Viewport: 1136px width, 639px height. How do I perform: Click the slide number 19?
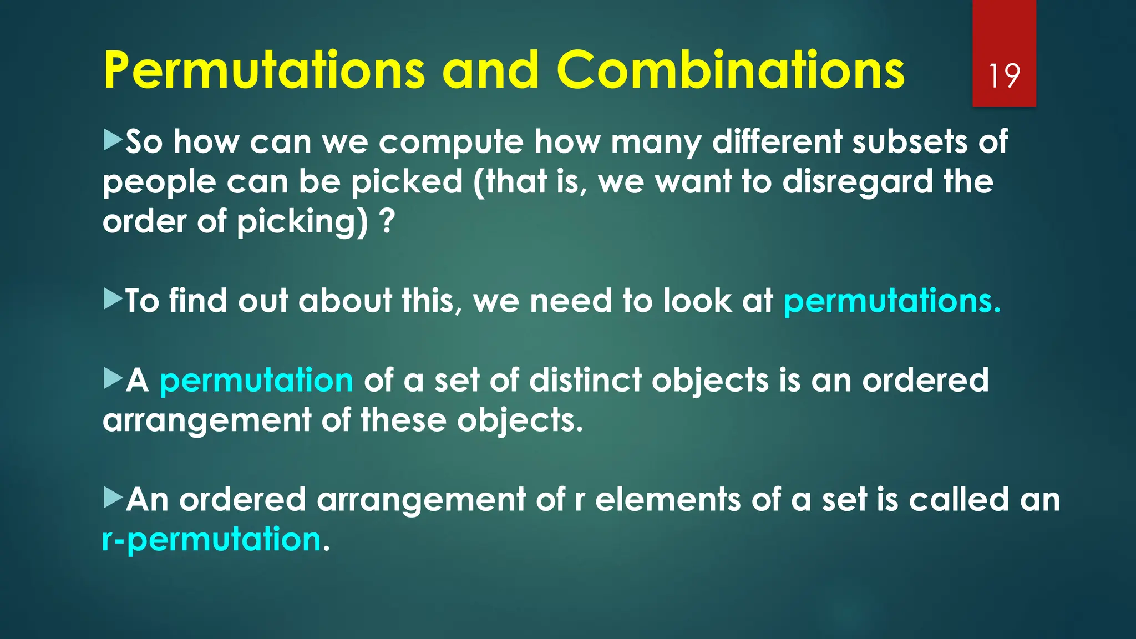coord(1004,76)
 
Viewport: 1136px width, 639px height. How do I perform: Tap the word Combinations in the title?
coord(730,70)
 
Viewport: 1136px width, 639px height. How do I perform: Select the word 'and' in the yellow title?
coord(490,70)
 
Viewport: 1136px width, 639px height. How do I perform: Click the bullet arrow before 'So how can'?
coord(113,140)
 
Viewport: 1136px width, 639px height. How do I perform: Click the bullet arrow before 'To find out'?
coord(113,299)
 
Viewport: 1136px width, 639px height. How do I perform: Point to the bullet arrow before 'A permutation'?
coord(113,379)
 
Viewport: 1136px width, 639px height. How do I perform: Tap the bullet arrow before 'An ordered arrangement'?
coord(113,498)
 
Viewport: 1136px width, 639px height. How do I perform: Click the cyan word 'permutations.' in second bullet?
coord(891,301)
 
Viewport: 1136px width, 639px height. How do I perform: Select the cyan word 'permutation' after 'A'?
coord(256,381)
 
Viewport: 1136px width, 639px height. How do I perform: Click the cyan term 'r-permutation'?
coord(212,540)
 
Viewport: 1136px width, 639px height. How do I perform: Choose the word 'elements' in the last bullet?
coord(667,500)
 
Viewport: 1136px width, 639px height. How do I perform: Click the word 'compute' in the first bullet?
coord(451,143)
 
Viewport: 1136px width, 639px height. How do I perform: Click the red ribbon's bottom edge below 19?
coord(1004,104)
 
